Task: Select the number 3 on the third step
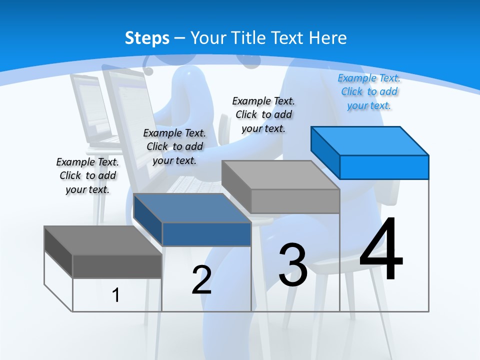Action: pos(292,265)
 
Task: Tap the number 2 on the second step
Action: pos(201,280)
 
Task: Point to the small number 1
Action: pos(115,295)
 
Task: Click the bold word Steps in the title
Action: pos(147,38)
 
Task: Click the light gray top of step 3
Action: pos(280,175)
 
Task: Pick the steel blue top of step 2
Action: pos(192,208)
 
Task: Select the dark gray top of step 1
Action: pos(103,240)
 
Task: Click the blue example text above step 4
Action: pos(369,92)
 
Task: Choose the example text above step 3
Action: pos(263,115)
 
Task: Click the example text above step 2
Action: pos(174,146)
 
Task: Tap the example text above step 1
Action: pos(87,175)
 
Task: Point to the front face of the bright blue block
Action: pos(384,167)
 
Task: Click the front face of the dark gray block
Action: pos(117,266)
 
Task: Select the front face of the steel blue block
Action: pos(206,234)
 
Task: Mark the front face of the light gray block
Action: pos(295,201)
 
